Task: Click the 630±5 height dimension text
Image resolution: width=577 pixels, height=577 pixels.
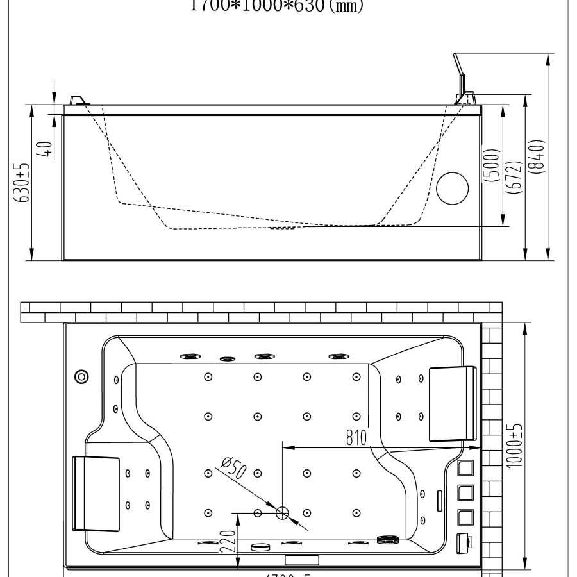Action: tap(23, 182)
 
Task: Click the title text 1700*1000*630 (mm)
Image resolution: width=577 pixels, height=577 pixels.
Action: tap(277, 6)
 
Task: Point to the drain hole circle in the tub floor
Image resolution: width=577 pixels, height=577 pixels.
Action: tap(282, 512)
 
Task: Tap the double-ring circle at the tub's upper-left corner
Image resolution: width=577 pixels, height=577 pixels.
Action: tap(81, 376)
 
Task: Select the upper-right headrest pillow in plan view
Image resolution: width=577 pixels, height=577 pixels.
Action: tap(453, 403)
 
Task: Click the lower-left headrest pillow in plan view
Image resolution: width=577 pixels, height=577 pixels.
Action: tap(96, 493)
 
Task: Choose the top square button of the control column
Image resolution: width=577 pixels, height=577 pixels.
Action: tap(466, 469)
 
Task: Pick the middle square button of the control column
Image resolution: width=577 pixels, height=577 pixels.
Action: tap(466, 492)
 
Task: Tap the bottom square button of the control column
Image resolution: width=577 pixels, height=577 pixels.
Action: tap(466, 516)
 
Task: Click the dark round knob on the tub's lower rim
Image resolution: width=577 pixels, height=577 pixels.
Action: tap(387, 541)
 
